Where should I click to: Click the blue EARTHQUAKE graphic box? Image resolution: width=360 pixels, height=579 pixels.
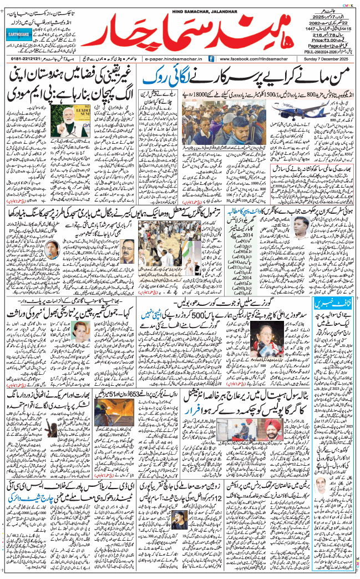click(22, 34)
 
